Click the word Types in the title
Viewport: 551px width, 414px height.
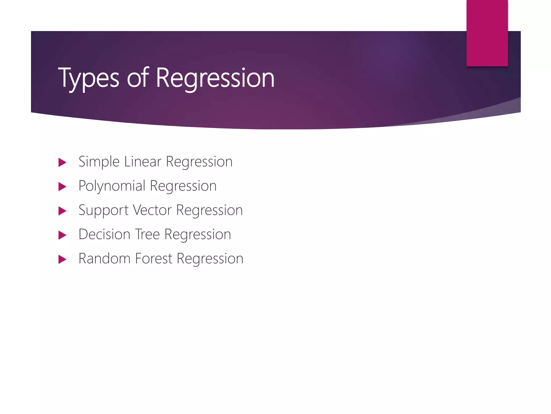click(89, 78)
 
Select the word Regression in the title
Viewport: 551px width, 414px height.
click(215, 78)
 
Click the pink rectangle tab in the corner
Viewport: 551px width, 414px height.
click(487, 33)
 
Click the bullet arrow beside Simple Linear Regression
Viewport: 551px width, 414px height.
click(62, 162)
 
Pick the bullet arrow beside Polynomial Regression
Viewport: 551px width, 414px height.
click(62, 187)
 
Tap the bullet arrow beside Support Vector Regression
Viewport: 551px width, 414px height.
click(62, 211)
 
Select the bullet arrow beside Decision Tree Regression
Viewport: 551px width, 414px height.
click(62, 235)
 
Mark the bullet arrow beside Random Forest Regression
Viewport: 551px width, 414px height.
click(62, 259)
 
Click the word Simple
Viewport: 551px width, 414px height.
click(99, 162)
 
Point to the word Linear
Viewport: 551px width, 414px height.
click(143, 161)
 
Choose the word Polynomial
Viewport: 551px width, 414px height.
click(112, 186)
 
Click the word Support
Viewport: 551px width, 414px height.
click(103, 210)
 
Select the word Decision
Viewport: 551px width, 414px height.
click(104, 234)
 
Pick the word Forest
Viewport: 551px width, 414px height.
click(153, 258)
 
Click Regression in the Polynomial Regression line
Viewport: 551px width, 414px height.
click(183, 186)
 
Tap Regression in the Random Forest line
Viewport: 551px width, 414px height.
click(210, 259)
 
